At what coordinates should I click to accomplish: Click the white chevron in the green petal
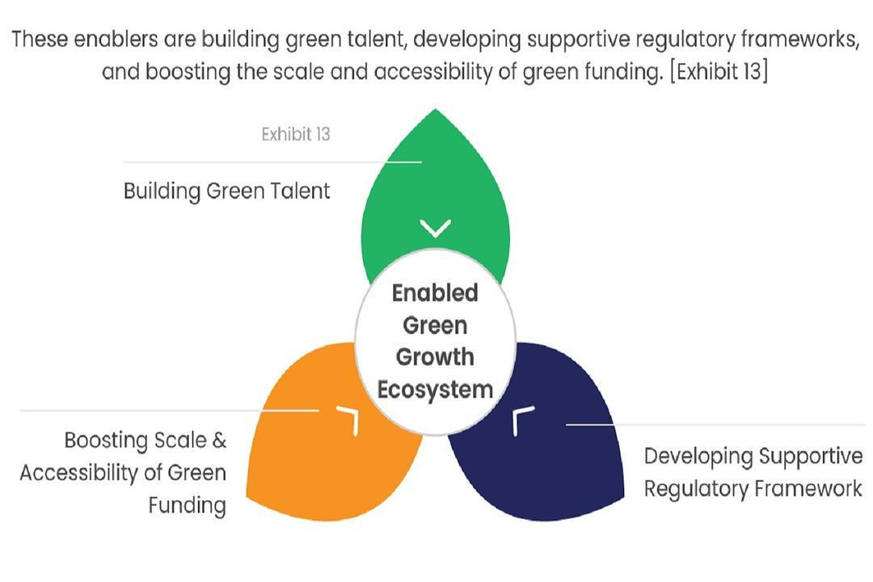click(436, 228)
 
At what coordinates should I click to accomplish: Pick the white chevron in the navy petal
click(521, 420)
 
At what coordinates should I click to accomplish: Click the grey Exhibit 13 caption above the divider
click(296, 134)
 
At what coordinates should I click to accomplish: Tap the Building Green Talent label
click(226, 191)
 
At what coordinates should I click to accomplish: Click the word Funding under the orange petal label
click(187, 506)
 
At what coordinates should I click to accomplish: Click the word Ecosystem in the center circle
click(436, 390)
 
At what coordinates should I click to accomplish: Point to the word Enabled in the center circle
click(436, 293)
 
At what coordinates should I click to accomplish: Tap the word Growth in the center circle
click(436, 357)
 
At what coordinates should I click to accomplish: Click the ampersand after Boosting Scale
click(219, 441)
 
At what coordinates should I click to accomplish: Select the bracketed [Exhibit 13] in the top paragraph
click(719, 72)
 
